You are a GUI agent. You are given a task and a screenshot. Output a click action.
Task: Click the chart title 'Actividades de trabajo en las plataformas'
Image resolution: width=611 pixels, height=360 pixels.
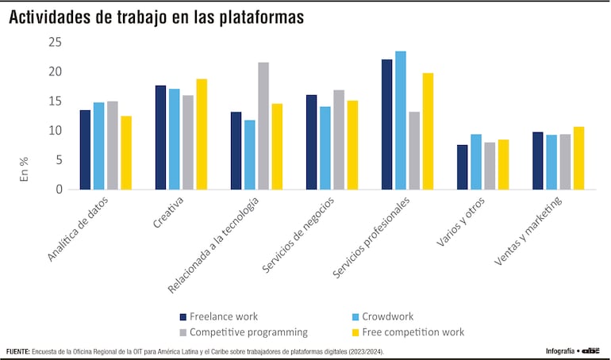point(156,17)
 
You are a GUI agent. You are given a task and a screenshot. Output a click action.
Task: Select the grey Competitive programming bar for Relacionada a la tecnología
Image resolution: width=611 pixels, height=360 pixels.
point(263,126)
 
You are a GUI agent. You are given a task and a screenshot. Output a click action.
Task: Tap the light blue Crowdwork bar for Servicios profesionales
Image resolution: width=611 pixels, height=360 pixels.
point(401,121)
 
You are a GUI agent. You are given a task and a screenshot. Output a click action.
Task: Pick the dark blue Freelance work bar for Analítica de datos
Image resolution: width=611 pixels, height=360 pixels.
point(85,150)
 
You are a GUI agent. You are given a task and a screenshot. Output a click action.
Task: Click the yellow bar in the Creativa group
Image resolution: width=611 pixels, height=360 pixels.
point(202,134)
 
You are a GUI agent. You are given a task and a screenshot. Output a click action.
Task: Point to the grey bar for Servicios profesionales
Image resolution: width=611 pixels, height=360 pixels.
point(414,151)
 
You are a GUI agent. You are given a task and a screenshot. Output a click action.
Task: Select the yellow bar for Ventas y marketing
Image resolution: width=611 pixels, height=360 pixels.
point(579,158)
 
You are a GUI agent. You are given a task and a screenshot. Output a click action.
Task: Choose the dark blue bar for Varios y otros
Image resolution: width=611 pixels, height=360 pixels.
point(462,167)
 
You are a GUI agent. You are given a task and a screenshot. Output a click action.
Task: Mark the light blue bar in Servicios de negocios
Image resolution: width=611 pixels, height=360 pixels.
point(325,148)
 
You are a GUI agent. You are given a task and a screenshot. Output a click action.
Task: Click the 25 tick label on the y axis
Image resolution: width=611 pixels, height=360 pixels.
point(54,42)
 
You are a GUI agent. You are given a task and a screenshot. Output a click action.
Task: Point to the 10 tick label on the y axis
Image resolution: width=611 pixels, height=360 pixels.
point(54,131)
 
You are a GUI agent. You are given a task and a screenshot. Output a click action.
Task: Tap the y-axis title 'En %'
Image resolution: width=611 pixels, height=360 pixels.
point(24,170)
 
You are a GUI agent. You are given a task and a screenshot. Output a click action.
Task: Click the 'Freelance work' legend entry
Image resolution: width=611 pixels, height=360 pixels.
point(224,316)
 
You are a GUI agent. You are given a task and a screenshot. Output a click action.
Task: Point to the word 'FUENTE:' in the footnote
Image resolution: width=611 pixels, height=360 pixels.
point(20,351)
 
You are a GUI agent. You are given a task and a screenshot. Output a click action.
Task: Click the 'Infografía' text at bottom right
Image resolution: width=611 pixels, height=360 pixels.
point(559,351)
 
